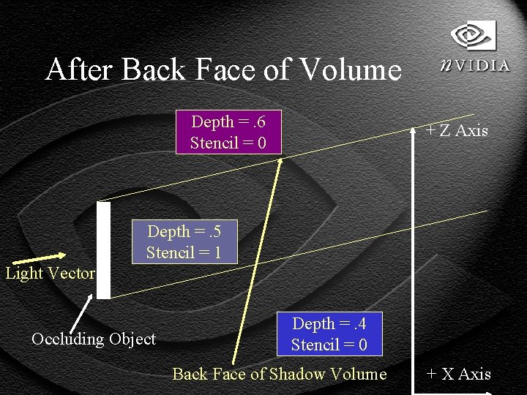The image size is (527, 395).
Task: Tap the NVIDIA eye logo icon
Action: (473, 35)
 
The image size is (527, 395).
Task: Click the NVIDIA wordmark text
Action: (475, 65)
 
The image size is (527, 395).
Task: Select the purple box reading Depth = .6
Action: (228, 132)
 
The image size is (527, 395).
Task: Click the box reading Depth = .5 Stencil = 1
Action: (184, 242)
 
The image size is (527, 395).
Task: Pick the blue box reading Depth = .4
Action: (329, 334)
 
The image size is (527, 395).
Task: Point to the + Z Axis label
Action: (457, 131)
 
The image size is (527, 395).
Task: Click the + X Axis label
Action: (458, 375)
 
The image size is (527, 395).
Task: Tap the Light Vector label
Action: (50, 274)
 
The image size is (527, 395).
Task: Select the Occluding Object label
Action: (94, 339)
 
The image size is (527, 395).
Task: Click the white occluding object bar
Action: (104, 249)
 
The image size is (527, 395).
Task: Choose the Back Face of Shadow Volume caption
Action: (279, 375)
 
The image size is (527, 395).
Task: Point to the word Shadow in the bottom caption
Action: (296, 375)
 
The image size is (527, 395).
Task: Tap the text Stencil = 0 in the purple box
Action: (228, 143)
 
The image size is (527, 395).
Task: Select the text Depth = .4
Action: (329, 323)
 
